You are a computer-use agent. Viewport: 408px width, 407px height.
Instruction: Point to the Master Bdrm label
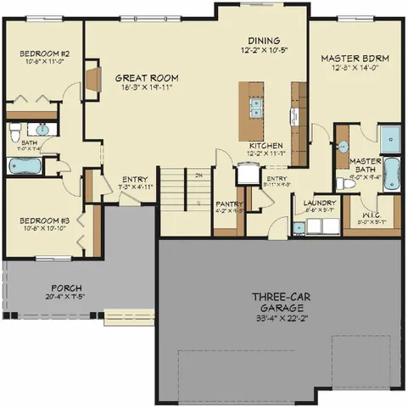[x=355, y=59]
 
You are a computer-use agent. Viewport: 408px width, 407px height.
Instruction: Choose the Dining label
[x=264, y=40]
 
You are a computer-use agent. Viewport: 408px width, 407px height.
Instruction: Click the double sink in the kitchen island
[x=255, y=106]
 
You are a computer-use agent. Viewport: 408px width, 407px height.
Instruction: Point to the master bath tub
[x=393, y=174]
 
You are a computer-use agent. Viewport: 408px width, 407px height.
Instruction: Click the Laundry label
[x=319, y=203]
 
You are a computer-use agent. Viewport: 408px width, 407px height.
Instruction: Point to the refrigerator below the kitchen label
[x=247, y=174]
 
